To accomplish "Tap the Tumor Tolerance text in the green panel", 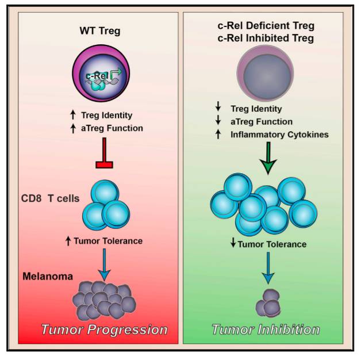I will pos(272,244).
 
